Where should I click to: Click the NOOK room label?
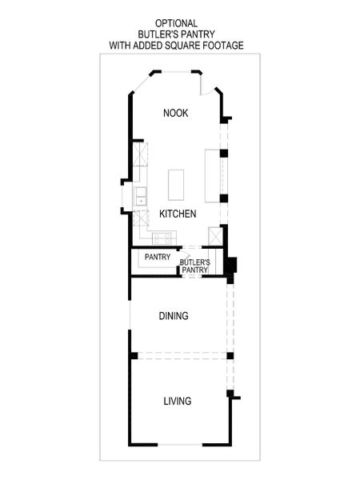click(175, 113)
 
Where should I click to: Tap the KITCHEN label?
click(178, 214)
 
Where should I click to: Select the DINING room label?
click(174, 316)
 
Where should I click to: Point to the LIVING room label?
click(178, 401)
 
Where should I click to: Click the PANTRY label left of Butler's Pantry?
click(157, 258)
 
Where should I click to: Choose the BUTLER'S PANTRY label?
click(194, 266)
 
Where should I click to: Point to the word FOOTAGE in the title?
click(220, 46)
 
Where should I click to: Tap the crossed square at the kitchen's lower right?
click(214, 237)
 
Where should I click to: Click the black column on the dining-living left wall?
click(134, 354)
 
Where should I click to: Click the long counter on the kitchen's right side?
click(213, 175)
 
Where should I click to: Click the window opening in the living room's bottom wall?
click(181, 444)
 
